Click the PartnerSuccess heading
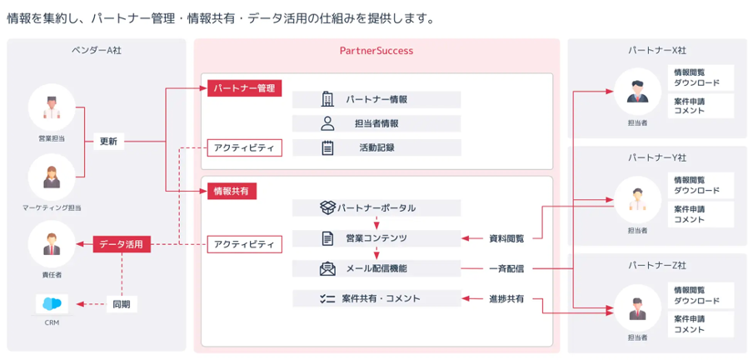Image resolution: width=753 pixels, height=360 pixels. (x=376, y=51)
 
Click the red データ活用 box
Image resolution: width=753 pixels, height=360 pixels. (x=122, y=244)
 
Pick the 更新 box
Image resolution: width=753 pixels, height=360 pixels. (x=108, y=141)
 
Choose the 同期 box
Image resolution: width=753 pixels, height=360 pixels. (x=122, y=305)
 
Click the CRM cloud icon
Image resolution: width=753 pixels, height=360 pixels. (x=52, y=303)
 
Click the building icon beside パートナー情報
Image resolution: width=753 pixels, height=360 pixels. (x=327, y=99)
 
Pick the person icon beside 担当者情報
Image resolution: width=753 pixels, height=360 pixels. (x=327, y=123)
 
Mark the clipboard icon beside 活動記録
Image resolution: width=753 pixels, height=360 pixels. (x=327, y=147)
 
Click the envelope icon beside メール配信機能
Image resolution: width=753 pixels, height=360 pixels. (x=327, y=268)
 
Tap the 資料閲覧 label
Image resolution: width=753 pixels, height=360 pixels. (x=506, y=239)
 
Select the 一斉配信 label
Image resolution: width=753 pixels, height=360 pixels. (x=506, y=268)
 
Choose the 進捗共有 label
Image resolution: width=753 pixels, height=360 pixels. (x=506, y=298)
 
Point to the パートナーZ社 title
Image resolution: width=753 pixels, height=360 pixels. (x=657, y=266)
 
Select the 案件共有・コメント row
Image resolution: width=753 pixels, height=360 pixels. (x=376, y=298)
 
